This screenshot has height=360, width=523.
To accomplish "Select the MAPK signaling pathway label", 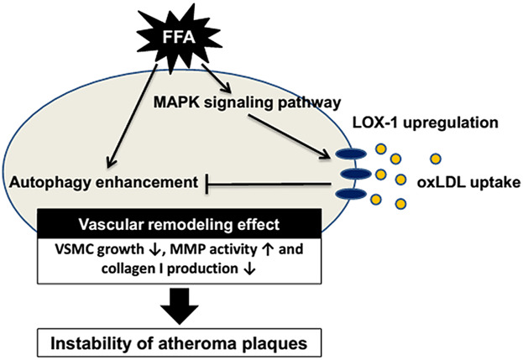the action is click(x=247, y=102).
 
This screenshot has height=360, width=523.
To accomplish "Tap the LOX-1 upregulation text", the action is click(x=426, y=123).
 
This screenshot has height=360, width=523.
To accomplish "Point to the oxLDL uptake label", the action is click(x=468, y=183).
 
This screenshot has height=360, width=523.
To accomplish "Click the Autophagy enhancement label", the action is click(x=104, y=183).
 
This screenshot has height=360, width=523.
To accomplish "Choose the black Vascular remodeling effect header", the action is click(x=180, y=224).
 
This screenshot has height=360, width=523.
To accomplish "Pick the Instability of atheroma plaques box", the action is click(x=180, y=343).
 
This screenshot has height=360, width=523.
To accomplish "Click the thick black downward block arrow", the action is click(x=180, y=306).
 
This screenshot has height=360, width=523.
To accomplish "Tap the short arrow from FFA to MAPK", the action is click(x=216, y=78).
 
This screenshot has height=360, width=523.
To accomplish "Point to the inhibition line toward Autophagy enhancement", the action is click(x=269, y=184).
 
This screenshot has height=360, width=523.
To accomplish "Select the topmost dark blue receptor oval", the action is click(x=351, y=154).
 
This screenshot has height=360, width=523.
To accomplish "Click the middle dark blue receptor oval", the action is click(x=356, y=174).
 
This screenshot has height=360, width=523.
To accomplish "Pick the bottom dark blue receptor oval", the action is click(x=351, y=194).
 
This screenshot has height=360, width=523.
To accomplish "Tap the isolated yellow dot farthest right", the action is click(x=436, y=159).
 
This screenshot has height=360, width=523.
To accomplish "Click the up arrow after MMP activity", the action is click(x=268, y=250).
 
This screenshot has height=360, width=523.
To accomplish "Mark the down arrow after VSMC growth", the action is click(x=154, y=250).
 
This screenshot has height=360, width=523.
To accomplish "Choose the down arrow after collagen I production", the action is click(x=249, y=269).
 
